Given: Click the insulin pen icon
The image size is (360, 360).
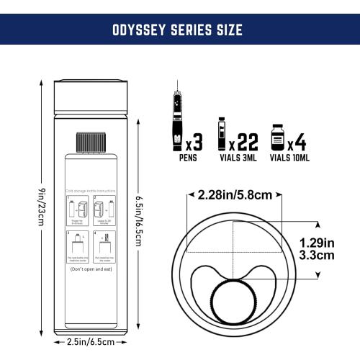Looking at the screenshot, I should (x=176, y=119).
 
